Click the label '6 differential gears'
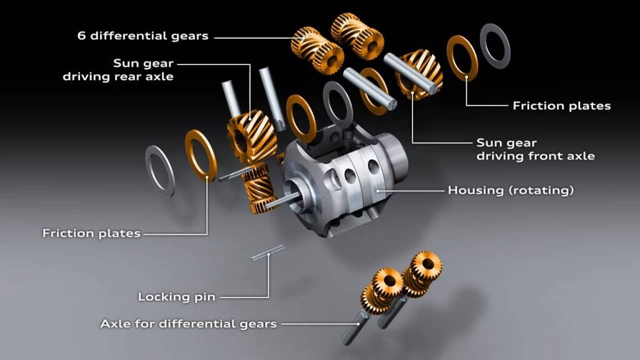[x=142, y=36]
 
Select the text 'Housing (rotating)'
[x=510, y=190]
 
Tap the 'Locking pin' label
[x=176, y=296]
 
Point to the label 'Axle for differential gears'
[x=188, y=324]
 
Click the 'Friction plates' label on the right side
[x=561, y=106]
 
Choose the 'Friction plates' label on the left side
[x=91, y=233]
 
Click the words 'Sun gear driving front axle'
[x=535, y=149]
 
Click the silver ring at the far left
[x=160, y=171]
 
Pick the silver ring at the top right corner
[x=495, y=45]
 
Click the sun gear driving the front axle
[x=417, y=75]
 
